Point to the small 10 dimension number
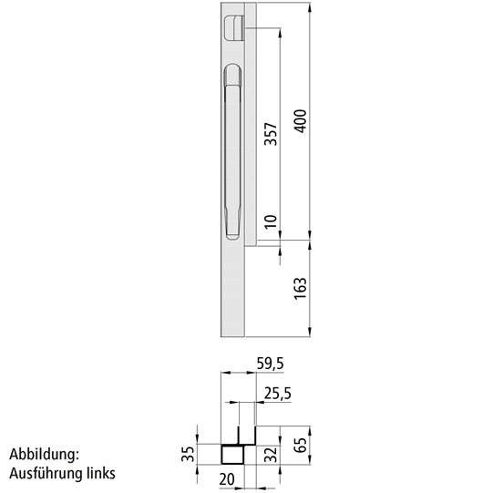[x=271, y=221]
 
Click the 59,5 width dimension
[x=270, y=364]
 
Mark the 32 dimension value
[x=271, y=454]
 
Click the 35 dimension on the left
[x=189, y=454]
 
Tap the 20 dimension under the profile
[x=227, y=479]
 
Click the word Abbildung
[x=46, y=455]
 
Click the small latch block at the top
[x=233, y=26]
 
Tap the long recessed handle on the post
[x=231, y=150]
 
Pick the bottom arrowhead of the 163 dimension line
[x=312, y=333]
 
